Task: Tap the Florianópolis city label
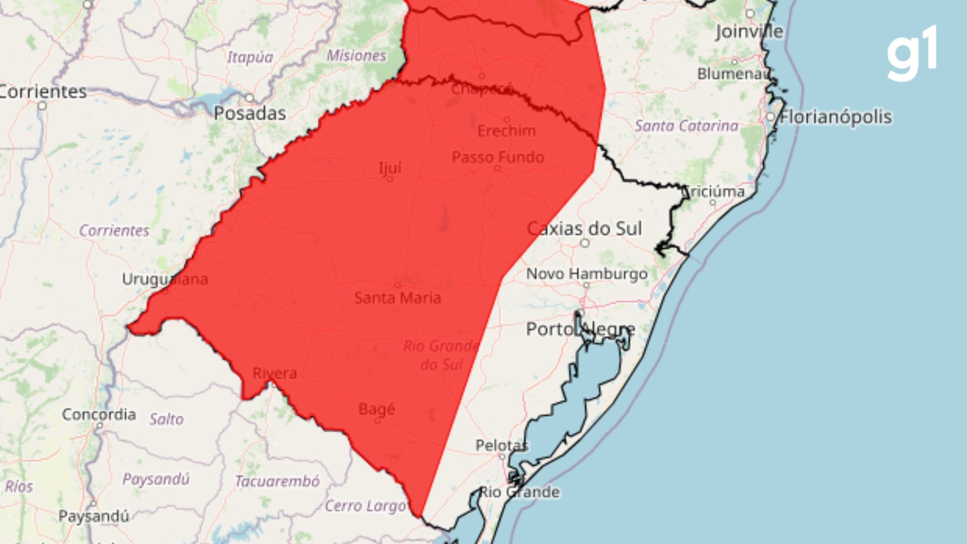(x=836, y=117)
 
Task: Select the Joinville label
(x=749, y=32)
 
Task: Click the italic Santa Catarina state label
(x=686, y=125)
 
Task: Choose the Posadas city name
(x=250, y=113)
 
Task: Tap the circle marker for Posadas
(x=249, y=97)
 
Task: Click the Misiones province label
(x=356, y=55)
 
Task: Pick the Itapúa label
(x=250, y=57)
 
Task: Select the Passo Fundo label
(x=498, y=157)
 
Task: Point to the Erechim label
(x=506, y=131)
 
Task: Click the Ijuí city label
(x=390, y=167)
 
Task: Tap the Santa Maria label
(x=398, y=298)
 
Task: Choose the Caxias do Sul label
(x=584, y=229)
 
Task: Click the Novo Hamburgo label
(x=587, y=274)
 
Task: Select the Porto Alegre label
(x=580, y=329)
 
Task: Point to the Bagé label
(x=377, y=409)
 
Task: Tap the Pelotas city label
(x=502, y=445)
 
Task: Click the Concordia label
(x=99, y=415)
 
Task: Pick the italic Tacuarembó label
(x=277, y=482)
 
